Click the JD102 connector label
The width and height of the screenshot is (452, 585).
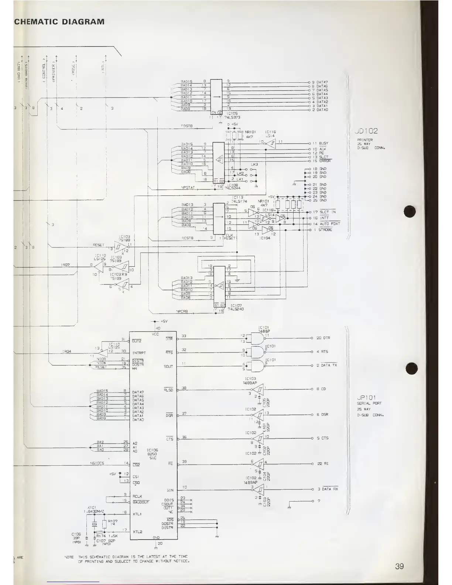[x=366, y=131]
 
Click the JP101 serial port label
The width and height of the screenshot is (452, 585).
[x=366, y=397]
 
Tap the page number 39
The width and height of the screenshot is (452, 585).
[x=399, y=566]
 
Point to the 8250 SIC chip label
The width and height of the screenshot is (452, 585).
[x=153, y=454]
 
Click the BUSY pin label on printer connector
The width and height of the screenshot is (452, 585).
[x=323, y=143]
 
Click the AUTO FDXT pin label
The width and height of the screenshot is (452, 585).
[x=329, y=224]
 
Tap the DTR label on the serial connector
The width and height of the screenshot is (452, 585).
[x=326, y=338]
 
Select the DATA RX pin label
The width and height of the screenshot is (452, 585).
[x=331, y=489]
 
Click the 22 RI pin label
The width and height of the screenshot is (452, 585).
[x=323, y=463]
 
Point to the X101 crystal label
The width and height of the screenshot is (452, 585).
[x=92, y=507]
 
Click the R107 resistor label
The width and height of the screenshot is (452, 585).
[x=112, y=521]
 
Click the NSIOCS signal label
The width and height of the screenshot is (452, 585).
[x=97, y=463]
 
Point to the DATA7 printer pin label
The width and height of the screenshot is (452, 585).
[x=322, y=82]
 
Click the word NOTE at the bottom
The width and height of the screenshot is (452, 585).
[x=69, y=557]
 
